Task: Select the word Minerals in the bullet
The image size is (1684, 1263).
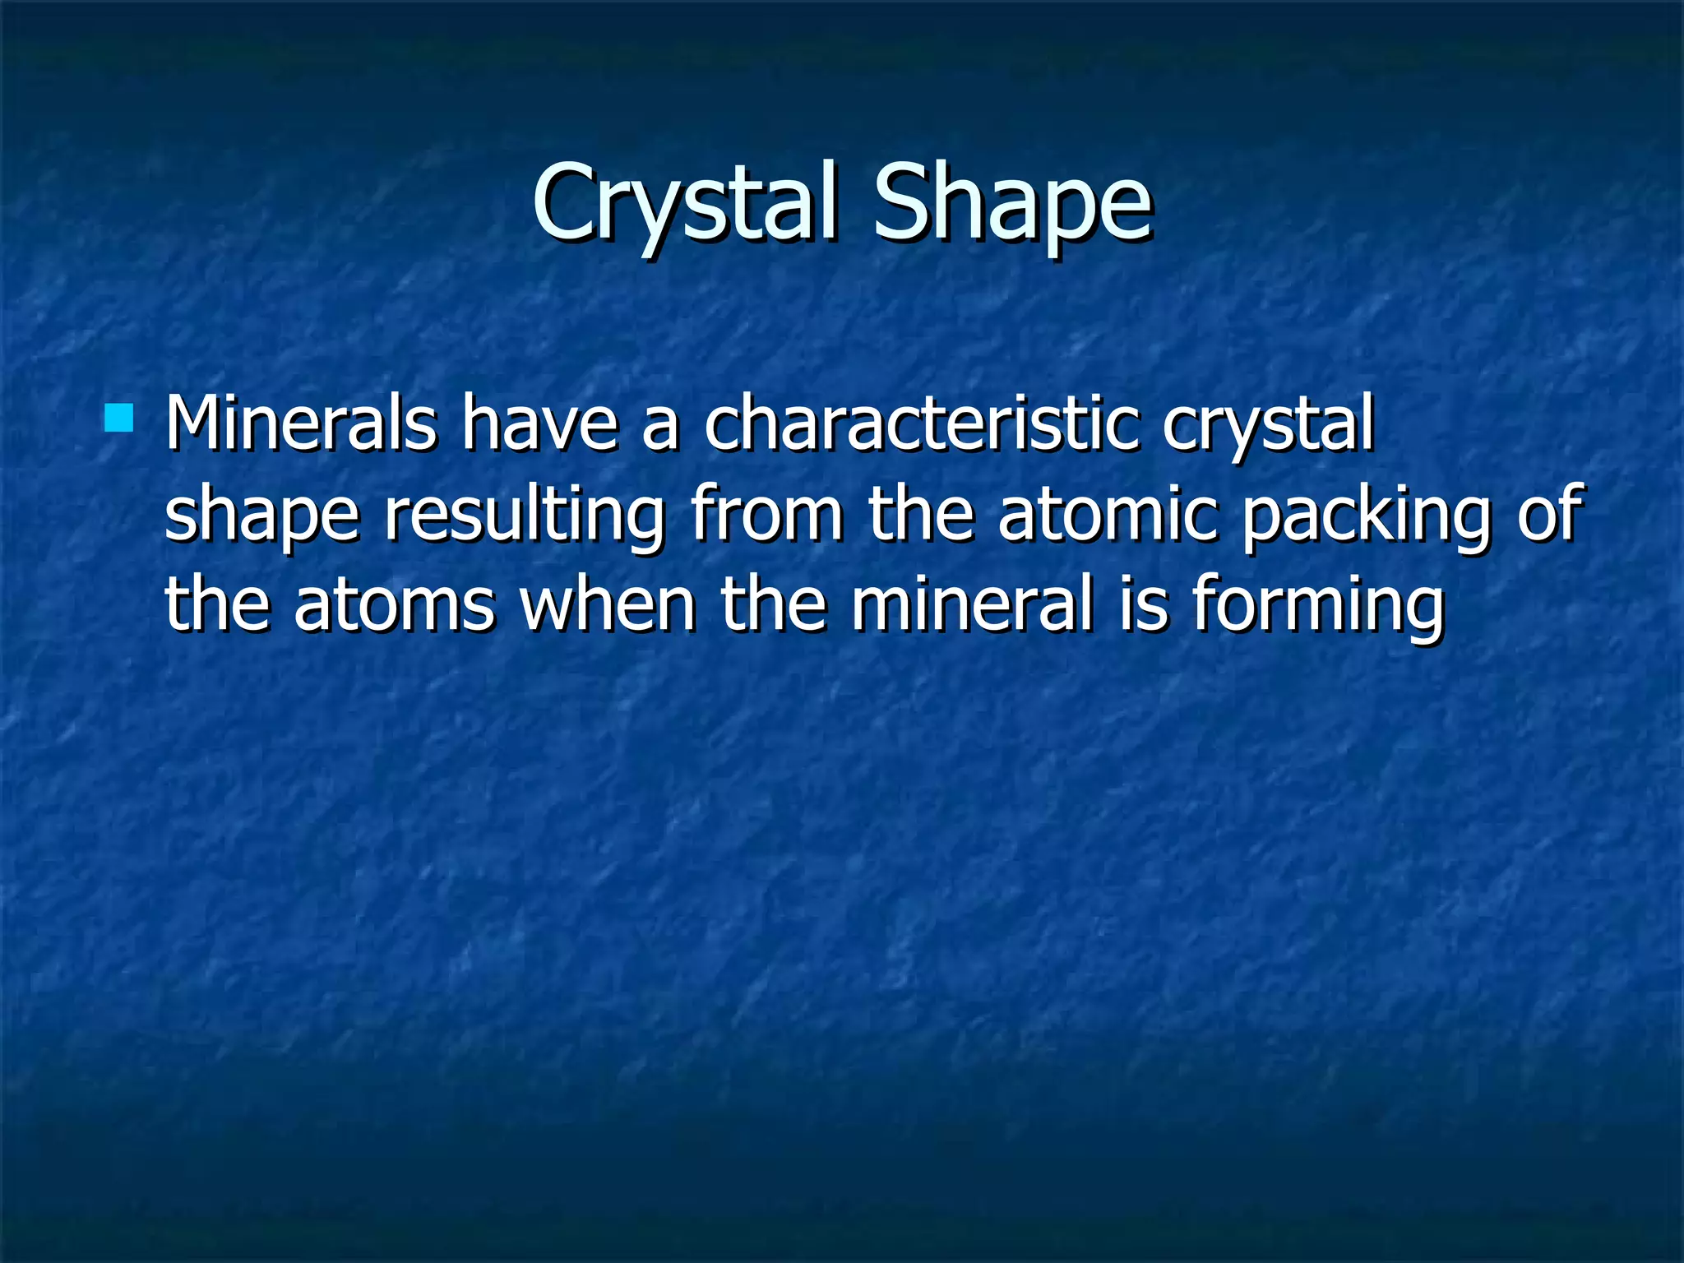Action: [300, 423]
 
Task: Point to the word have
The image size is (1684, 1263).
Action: [539, 423]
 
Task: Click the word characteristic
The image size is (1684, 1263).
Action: [921, 423]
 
